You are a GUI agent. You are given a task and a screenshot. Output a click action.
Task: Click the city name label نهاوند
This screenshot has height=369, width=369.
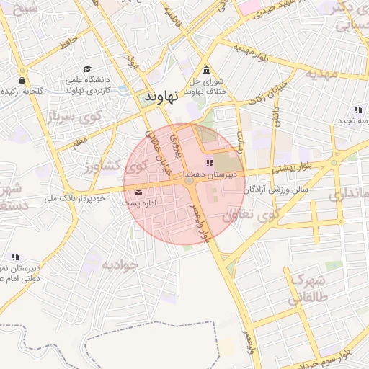point(162,96)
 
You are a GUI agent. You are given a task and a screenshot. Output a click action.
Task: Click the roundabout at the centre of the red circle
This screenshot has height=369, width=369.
point(190,183)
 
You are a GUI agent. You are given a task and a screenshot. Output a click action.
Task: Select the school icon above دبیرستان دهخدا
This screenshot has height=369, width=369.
point(210,163)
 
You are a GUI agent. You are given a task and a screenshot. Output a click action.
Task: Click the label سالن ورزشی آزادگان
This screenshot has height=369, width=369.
point(275,189)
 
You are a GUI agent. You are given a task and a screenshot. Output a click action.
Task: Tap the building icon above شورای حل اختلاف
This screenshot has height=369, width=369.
point(207,70)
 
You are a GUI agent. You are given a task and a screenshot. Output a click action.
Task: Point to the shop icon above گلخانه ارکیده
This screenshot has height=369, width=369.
point(22,80)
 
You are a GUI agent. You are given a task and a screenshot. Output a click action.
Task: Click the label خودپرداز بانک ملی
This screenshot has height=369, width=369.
point(76,197)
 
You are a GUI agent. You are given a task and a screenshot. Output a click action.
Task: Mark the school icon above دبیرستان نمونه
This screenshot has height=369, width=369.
point(15,257)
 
